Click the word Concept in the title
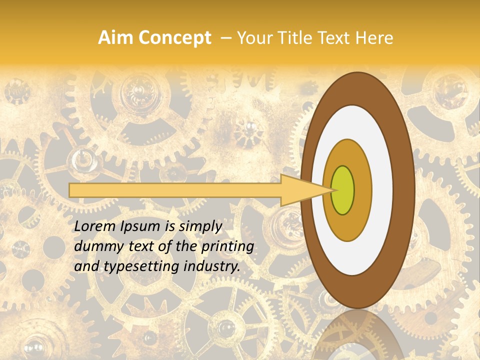[x=174, y=38]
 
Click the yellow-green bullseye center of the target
[x=343, y=190]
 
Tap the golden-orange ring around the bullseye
[x=362, y=190]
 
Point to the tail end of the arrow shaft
[x=72, y=190]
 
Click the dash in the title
[x=225, y=38]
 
